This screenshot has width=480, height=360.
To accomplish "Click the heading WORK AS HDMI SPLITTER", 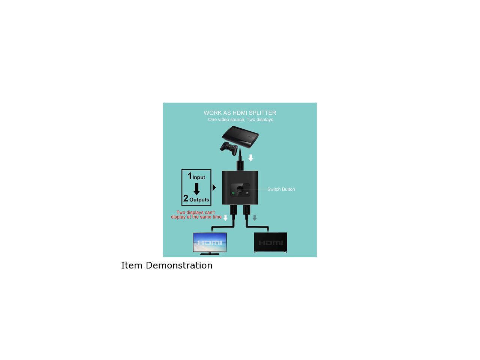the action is (240, 113).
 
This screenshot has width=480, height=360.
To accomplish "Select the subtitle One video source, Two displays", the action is (240, 120).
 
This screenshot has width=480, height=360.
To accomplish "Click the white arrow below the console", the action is (251, 158).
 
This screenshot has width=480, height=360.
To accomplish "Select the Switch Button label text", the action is (281, 189).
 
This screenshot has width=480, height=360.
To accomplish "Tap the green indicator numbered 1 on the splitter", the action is (233, 193).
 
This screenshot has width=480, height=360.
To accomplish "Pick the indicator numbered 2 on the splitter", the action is (247, 193).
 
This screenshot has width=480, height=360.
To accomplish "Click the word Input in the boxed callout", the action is (199, 177).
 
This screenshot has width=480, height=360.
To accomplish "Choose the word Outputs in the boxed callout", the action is (199, 200).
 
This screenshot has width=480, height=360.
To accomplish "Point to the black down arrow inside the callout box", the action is (196, 189).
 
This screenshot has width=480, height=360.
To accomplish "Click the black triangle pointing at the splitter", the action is (214, 187).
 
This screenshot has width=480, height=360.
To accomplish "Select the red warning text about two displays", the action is (196, 215).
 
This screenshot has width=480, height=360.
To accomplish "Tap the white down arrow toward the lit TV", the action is (225, 217).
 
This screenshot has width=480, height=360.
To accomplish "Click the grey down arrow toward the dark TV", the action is (255, 217).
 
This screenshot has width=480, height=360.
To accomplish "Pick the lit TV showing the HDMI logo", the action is (210, 243).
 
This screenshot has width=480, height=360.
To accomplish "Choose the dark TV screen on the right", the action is (270, 243).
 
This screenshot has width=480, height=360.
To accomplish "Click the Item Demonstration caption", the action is (167, 265).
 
